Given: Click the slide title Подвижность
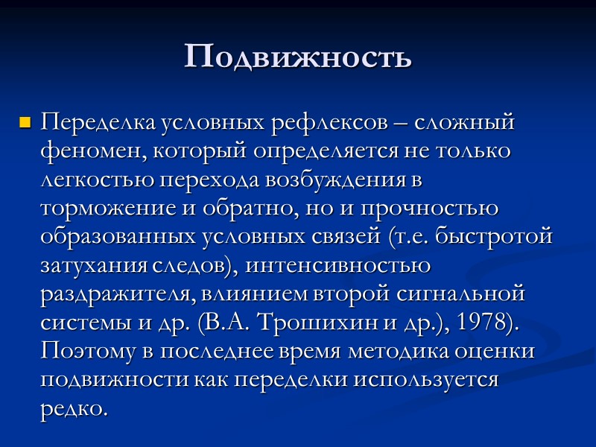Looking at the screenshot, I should tap(298, 57).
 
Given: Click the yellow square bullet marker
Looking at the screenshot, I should tap(25, 121).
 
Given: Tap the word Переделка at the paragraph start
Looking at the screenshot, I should tap(86, 121).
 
